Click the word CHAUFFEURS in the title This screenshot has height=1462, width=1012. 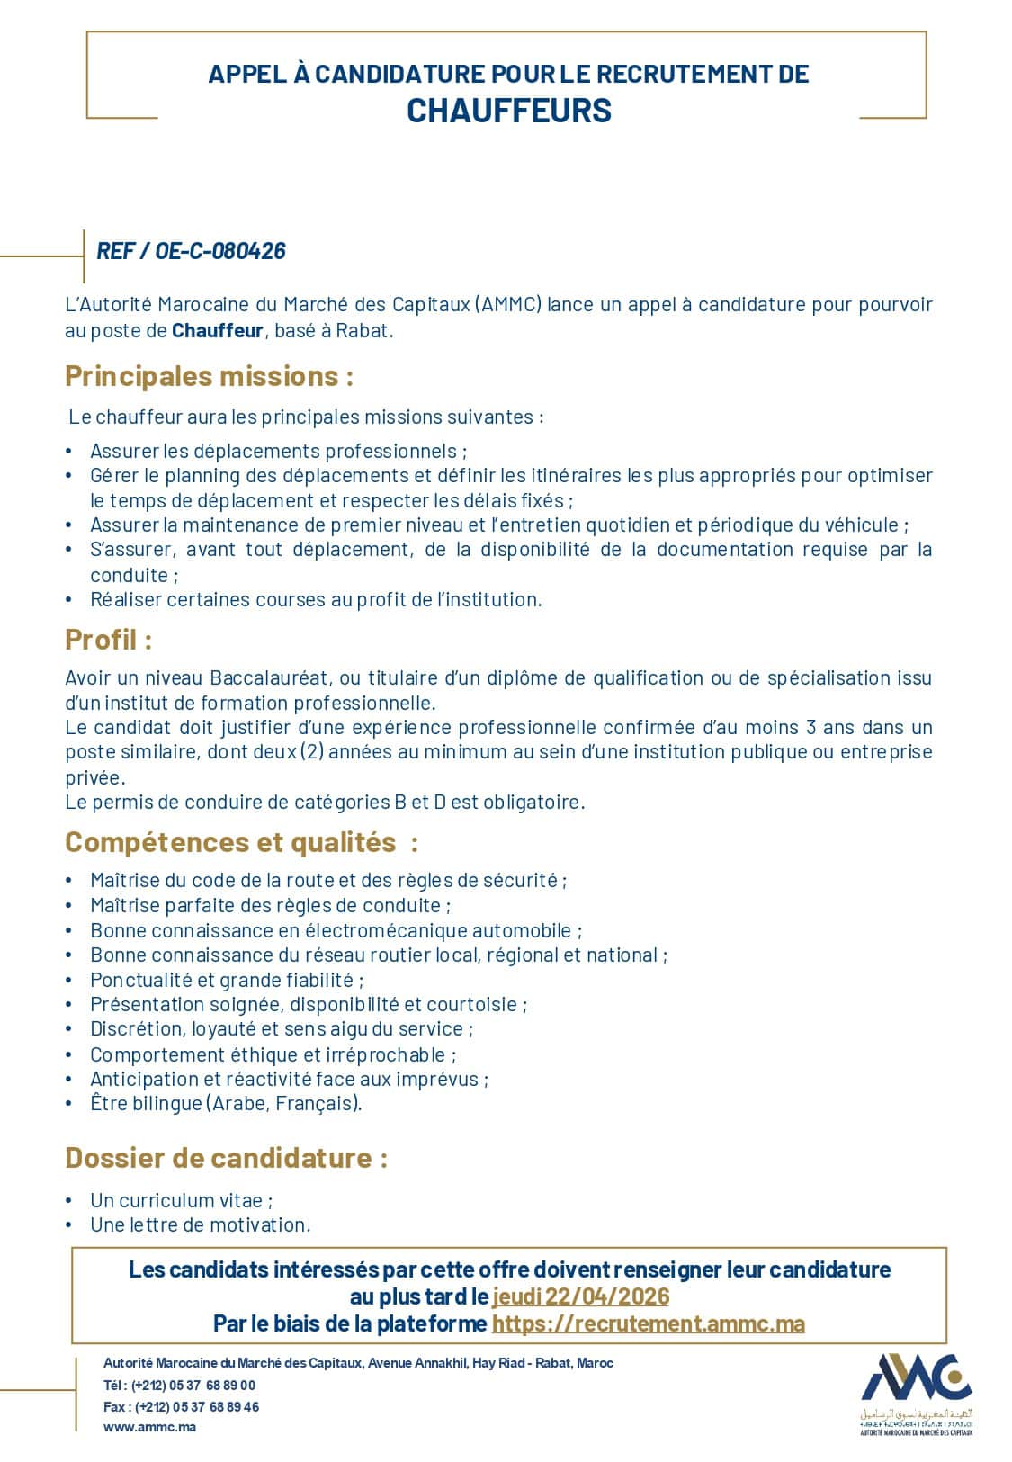click(508, 111)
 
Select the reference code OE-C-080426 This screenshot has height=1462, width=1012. click(220, 251)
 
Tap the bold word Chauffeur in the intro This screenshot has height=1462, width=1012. click(217, 330)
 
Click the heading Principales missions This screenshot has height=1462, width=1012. click(209, 376)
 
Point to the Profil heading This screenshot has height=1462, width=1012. click(108, 641)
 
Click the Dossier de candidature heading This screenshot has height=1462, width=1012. click(226, 1158)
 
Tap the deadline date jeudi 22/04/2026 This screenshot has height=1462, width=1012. click(580, 1296)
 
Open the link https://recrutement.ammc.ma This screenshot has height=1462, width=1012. click(648, 1323)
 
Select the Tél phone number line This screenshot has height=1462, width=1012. click(180, 1386)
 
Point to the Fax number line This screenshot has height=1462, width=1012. click(181, 1407)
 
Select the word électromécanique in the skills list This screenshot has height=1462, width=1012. click(381, 930)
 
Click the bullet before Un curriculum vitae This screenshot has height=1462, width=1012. click(69, 1201)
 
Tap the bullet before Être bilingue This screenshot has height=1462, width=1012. click(69, 1104)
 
